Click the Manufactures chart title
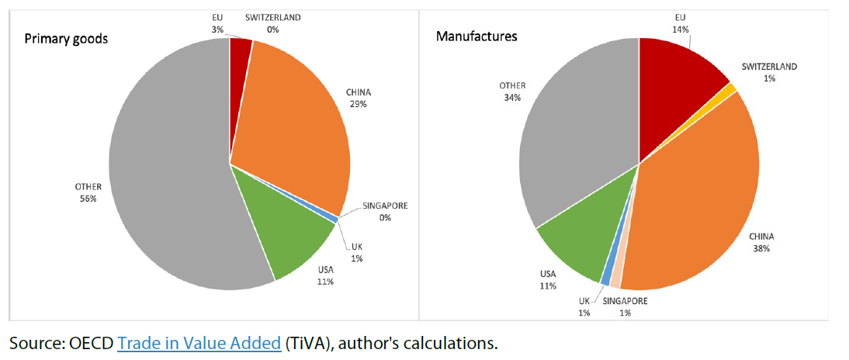pos(476,36)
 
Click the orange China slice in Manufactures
pos(698,202)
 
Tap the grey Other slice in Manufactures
pos(574,155)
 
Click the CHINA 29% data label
pos(359,98)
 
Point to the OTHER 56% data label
pos(87,192)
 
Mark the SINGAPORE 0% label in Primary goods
pos(384,211)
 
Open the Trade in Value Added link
pos(199,342)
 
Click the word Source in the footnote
pos(33,342)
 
